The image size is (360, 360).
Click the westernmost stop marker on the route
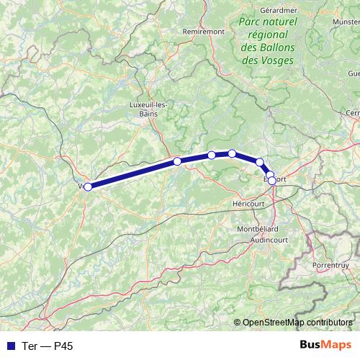click(x=88, y=186)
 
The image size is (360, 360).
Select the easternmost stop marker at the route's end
click(x=272, y=180)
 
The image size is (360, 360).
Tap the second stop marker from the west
click(x=177, y=161)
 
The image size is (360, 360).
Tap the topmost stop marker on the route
click(x=232, y=153)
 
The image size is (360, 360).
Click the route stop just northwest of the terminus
click(x=260, y=162)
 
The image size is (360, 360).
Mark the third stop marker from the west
click(x=212, y=155)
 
